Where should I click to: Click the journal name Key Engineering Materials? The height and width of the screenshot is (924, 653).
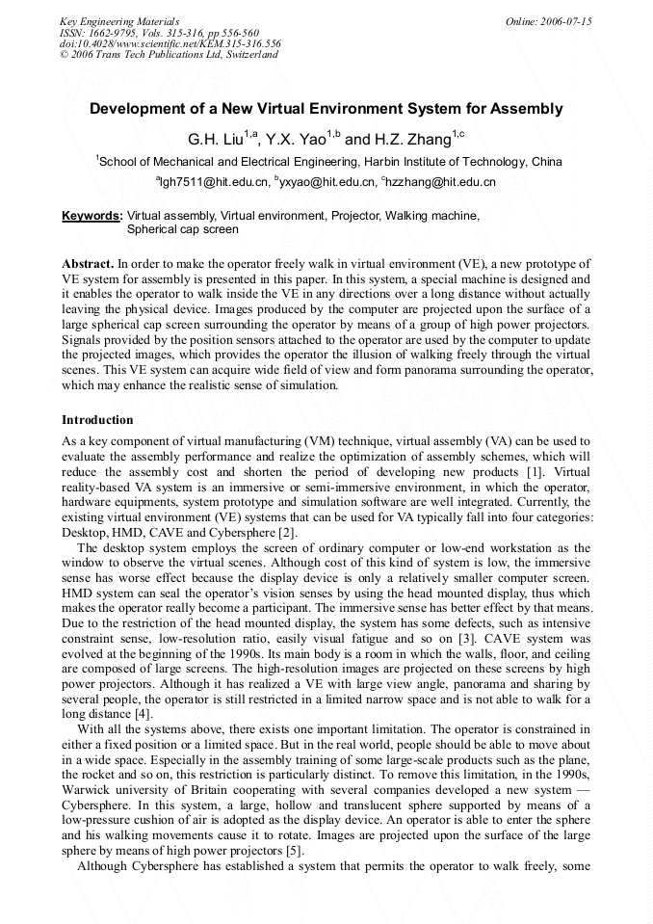pos(119,20)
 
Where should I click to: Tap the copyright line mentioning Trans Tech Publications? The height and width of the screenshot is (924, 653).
pos(169,55)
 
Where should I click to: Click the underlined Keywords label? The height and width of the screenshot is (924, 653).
pos(91,216)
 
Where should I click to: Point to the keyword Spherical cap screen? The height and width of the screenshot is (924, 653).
pos(183,229)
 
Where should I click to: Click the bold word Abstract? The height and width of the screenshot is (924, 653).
pos(88,263)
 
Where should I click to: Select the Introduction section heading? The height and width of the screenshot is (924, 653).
pos(97,420)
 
